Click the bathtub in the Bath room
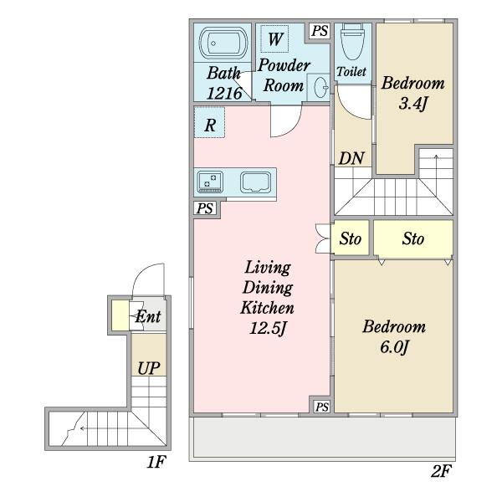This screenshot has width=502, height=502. pyautogui.click(x=223, y=44)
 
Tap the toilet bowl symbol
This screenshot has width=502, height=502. pyautogui.click(x=353, y=42)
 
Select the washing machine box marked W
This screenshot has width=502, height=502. pyautogui.click(x=274, y=38)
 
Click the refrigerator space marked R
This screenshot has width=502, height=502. pyautogui.click(x=210, y=123)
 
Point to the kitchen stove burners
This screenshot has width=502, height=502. pyautogui.click(x=210, y=182)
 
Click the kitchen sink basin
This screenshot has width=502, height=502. pyautogui.click(x=256, y=182)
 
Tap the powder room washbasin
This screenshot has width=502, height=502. pyautogui.click(x=320, y=87)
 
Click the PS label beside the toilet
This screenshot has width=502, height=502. pyautogui.click(x=320, y=31)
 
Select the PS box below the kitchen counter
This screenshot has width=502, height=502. pyautogui.click(x=205, y=208)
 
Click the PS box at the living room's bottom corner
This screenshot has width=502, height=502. pyautogui.click(x=322, y=407)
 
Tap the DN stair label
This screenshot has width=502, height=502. pyautogui.click(x=351, y=158)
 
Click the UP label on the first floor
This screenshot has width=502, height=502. pyautogui.click(x=149, y=368)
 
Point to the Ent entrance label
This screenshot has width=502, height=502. pyautogui.click(x=148, y=316)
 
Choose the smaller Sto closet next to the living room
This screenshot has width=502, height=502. pyautogui.click(x=351, y=238)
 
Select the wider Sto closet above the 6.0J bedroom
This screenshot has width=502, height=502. pyautogui.click(x=413, y=238)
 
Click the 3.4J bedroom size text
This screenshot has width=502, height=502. pyautogui.click(x=413, y=104)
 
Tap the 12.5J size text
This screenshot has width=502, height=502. pyautogui.click(x=268, y=328)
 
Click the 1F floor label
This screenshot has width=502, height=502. pyautogui.click(x=156, y=462)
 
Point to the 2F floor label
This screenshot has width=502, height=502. pyautogui.click(x=441, y=471)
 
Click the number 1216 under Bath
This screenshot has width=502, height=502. pyautogui.click(x=224, y=94)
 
